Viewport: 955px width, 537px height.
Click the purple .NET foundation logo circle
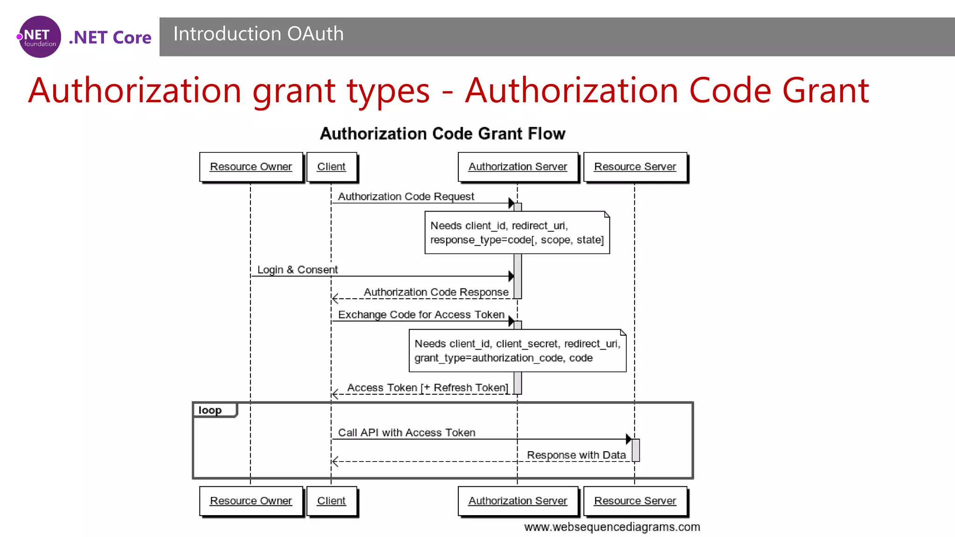(40, 37)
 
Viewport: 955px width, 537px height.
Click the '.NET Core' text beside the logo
(110, 37)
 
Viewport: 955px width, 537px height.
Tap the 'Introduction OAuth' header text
(258, 34)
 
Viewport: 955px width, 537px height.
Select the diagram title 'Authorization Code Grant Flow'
(442, 134)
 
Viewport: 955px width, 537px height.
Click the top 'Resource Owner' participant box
(251, 167)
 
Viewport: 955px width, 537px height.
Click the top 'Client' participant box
(331, 167)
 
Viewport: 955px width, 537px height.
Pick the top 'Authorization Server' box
(518, 167)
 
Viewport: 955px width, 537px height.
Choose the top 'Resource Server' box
(635, 167)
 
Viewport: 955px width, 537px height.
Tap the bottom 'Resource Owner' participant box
(251, 501)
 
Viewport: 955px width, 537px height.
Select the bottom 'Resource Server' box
(635, 501)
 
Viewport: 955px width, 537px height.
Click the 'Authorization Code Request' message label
(406, 197)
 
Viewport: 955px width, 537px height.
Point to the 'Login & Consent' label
(298, 270)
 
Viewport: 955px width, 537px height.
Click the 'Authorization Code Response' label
(436, 292)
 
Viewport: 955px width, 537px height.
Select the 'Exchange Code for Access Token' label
(421, 315)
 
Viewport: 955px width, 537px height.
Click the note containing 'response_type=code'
(517, 233)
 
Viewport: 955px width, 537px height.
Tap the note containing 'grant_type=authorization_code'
(517, 351)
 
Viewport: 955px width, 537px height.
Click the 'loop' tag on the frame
(210, 410)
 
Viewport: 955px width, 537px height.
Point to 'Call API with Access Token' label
(407, 433)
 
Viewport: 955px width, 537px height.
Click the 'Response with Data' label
(576, 455)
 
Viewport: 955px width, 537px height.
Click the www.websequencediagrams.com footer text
(612, 527)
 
